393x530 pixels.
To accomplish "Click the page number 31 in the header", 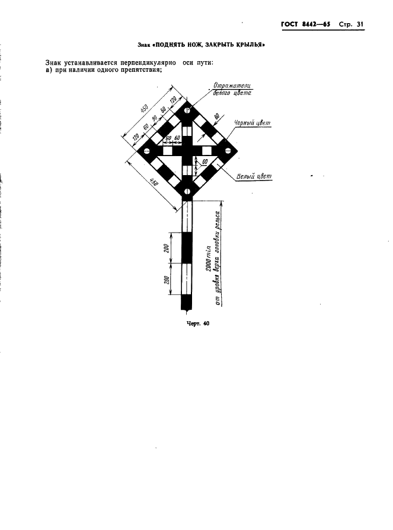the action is (360, 25).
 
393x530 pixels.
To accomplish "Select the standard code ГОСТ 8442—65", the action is (305, 25).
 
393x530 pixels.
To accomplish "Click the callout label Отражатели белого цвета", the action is (232, 89).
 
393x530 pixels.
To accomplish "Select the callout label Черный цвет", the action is (253, 123).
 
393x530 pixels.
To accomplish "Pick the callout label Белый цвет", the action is (254, 176).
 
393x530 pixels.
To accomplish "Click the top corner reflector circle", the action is (187, 110).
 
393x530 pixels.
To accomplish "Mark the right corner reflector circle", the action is (227, 151).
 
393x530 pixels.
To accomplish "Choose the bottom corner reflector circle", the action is (187, 192).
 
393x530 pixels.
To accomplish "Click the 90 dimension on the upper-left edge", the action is (155, 119).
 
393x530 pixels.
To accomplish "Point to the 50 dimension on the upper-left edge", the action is (163, 110).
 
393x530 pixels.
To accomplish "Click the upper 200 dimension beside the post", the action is (166, 247).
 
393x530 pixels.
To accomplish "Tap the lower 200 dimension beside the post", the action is (166, 280).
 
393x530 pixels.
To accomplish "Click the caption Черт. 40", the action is (198, 323).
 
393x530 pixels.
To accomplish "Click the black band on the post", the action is (187, 247).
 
